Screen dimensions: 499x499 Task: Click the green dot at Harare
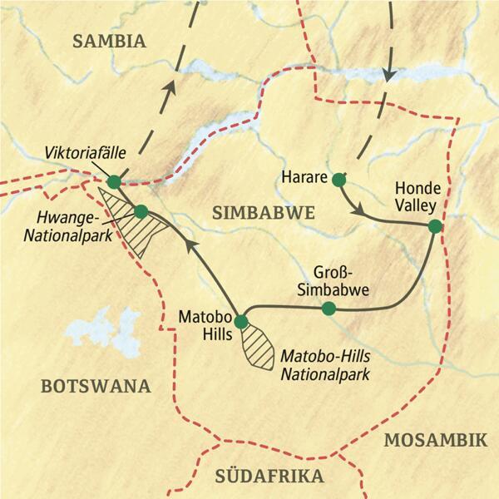click(x=338, y=180)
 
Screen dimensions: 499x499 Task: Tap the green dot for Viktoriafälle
click(x=114, y=181)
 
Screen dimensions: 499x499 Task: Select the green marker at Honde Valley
click(x=433, y=225)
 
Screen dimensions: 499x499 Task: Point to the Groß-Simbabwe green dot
click(x=329, y=309)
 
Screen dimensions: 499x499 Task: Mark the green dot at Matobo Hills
click(x=241, y=321)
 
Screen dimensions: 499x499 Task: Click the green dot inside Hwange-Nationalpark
click(x=141, y=211)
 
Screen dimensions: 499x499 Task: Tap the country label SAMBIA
click(x=109, y=42)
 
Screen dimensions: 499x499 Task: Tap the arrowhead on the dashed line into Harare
click(x=389, y=75)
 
